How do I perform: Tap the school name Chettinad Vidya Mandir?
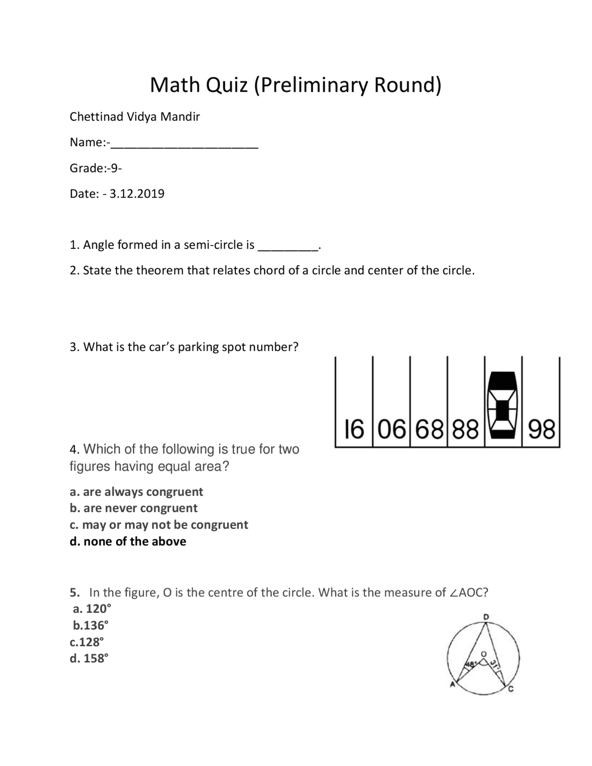[x=135, y=117]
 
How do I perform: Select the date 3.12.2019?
[x=137, y=194]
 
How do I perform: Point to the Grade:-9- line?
[x=96, y=168]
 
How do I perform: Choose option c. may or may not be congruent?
[x=159, y=525]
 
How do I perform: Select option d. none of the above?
[x=128, y=542]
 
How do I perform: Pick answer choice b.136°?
[x=91, y=626]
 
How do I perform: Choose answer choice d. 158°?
[x=89, y=659]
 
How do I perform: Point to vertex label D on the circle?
[x=486, y=617]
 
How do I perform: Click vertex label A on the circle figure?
[x=453, y=686]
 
